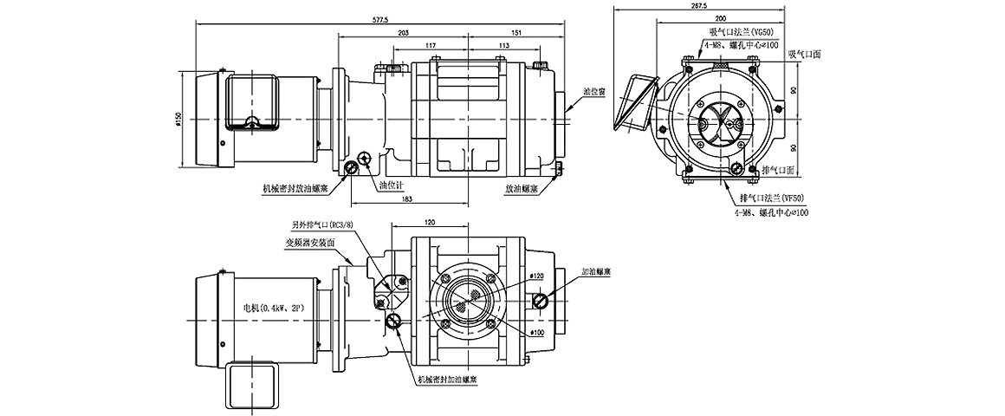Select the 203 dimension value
tap(403, 33)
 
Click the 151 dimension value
tap(517, 33)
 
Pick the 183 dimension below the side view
tap(407, 199)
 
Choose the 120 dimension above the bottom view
tap(431, 223)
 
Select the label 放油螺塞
tap(522, 187)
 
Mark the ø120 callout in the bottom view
tap(537, 276)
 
